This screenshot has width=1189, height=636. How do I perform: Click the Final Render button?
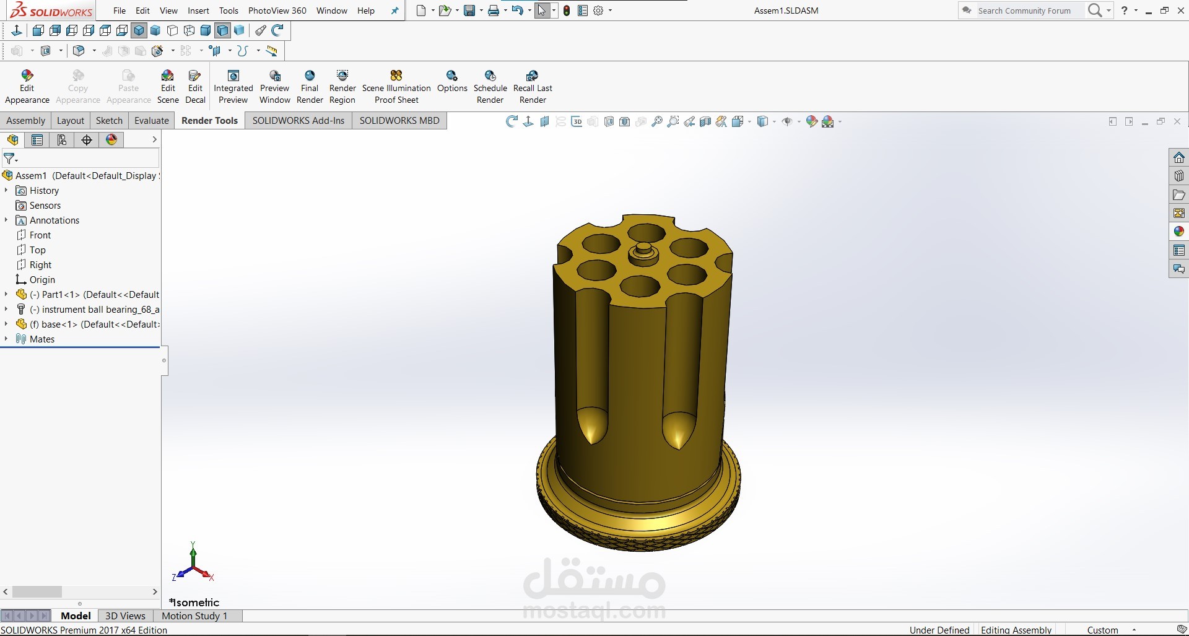[x=310, y=87]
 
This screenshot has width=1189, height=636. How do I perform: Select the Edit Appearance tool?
[x=27, y=87]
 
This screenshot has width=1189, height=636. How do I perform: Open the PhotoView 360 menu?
[x=277, y=11]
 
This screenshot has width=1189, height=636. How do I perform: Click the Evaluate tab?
[x=152, y=121]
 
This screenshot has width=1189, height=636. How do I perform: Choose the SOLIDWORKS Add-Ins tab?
[x=298, y=121]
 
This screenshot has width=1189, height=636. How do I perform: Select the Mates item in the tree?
[x=42, y=339]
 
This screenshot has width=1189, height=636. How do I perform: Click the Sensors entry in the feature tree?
[x=45, y=206]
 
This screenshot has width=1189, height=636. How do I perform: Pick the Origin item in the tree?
[x=42, y=280]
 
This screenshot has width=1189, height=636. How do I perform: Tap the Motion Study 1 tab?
[x=194, y=616]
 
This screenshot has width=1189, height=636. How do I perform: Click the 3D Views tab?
[x=125, y=616]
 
